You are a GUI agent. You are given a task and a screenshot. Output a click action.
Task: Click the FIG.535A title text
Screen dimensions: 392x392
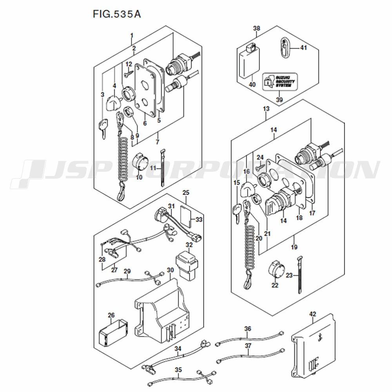click(117, 14)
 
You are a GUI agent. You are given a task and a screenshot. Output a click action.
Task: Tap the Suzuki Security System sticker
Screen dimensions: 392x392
click(280, 82)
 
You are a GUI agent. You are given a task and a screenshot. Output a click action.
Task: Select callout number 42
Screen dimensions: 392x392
click(312, 314)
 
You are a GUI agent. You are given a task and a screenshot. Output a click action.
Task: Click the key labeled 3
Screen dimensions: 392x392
click(103, 127)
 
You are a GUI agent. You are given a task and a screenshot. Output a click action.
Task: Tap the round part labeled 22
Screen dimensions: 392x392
click(276, 271)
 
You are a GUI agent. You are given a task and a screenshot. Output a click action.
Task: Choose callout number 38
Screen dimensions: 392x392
click(256, 28)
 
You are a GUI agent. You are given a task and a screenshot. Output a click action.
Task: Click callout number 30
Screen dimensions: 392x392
click(170, 270)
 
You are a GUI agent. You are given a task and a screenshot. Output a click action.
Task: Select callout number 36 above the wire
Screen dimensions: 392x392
click(247, 328)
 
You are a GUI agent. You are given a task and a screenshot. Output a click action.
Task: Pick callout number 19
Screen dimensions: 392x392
click(294, 247)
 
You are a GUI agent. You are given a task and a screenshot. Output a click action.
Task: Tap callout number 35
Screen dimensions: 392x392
click(178, 370)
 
